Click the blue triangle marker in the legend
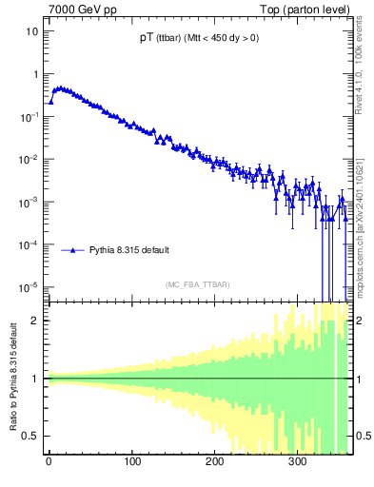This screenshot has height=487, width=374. click(x=69, y=250)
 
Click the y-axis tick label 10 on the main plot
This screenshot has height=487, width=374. click(x=32, y=30)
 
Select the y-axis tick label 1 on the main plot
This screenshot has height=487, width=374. click(x=35, y=74)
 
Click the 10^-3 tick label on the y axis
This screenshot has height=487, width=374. click(x=30, y=202)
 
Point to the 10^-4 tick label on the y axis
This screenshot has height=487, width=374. click(x=30, y=244)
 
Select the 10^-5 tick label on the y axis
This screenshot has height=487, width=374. click(x=30, y=287)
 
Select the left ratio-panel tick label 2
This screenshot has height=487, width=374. click(x=35, y=321)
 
